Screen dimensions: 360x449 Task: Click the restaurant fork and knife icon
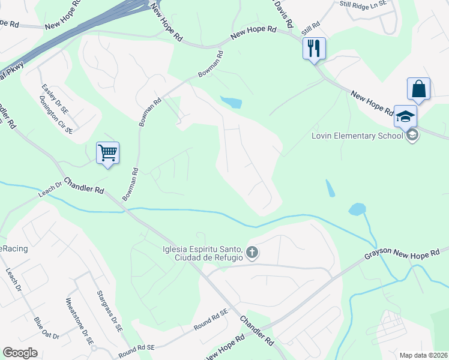tap(314, 48)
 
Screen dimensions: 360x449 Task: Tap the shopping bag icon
tap(418, 89)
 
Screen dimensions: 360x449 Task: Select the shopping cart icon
tap(107, 152)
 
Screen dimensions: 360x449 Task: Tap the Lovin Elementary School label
tap(357, 136)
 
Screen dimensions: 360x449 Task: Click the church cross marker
tap(252, 253)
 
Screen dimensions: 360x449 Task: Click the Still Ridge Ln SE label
tap(364, 4)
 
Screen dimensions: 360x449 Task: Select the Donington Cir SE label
tap(56, 114)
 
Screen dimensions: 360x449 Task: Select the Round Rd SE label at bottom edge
tap(136, 347)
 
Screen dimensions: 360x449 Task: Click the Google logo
tap(20, 353)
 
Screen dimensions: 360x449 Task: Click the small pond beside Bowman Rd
tap(231, 102)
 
